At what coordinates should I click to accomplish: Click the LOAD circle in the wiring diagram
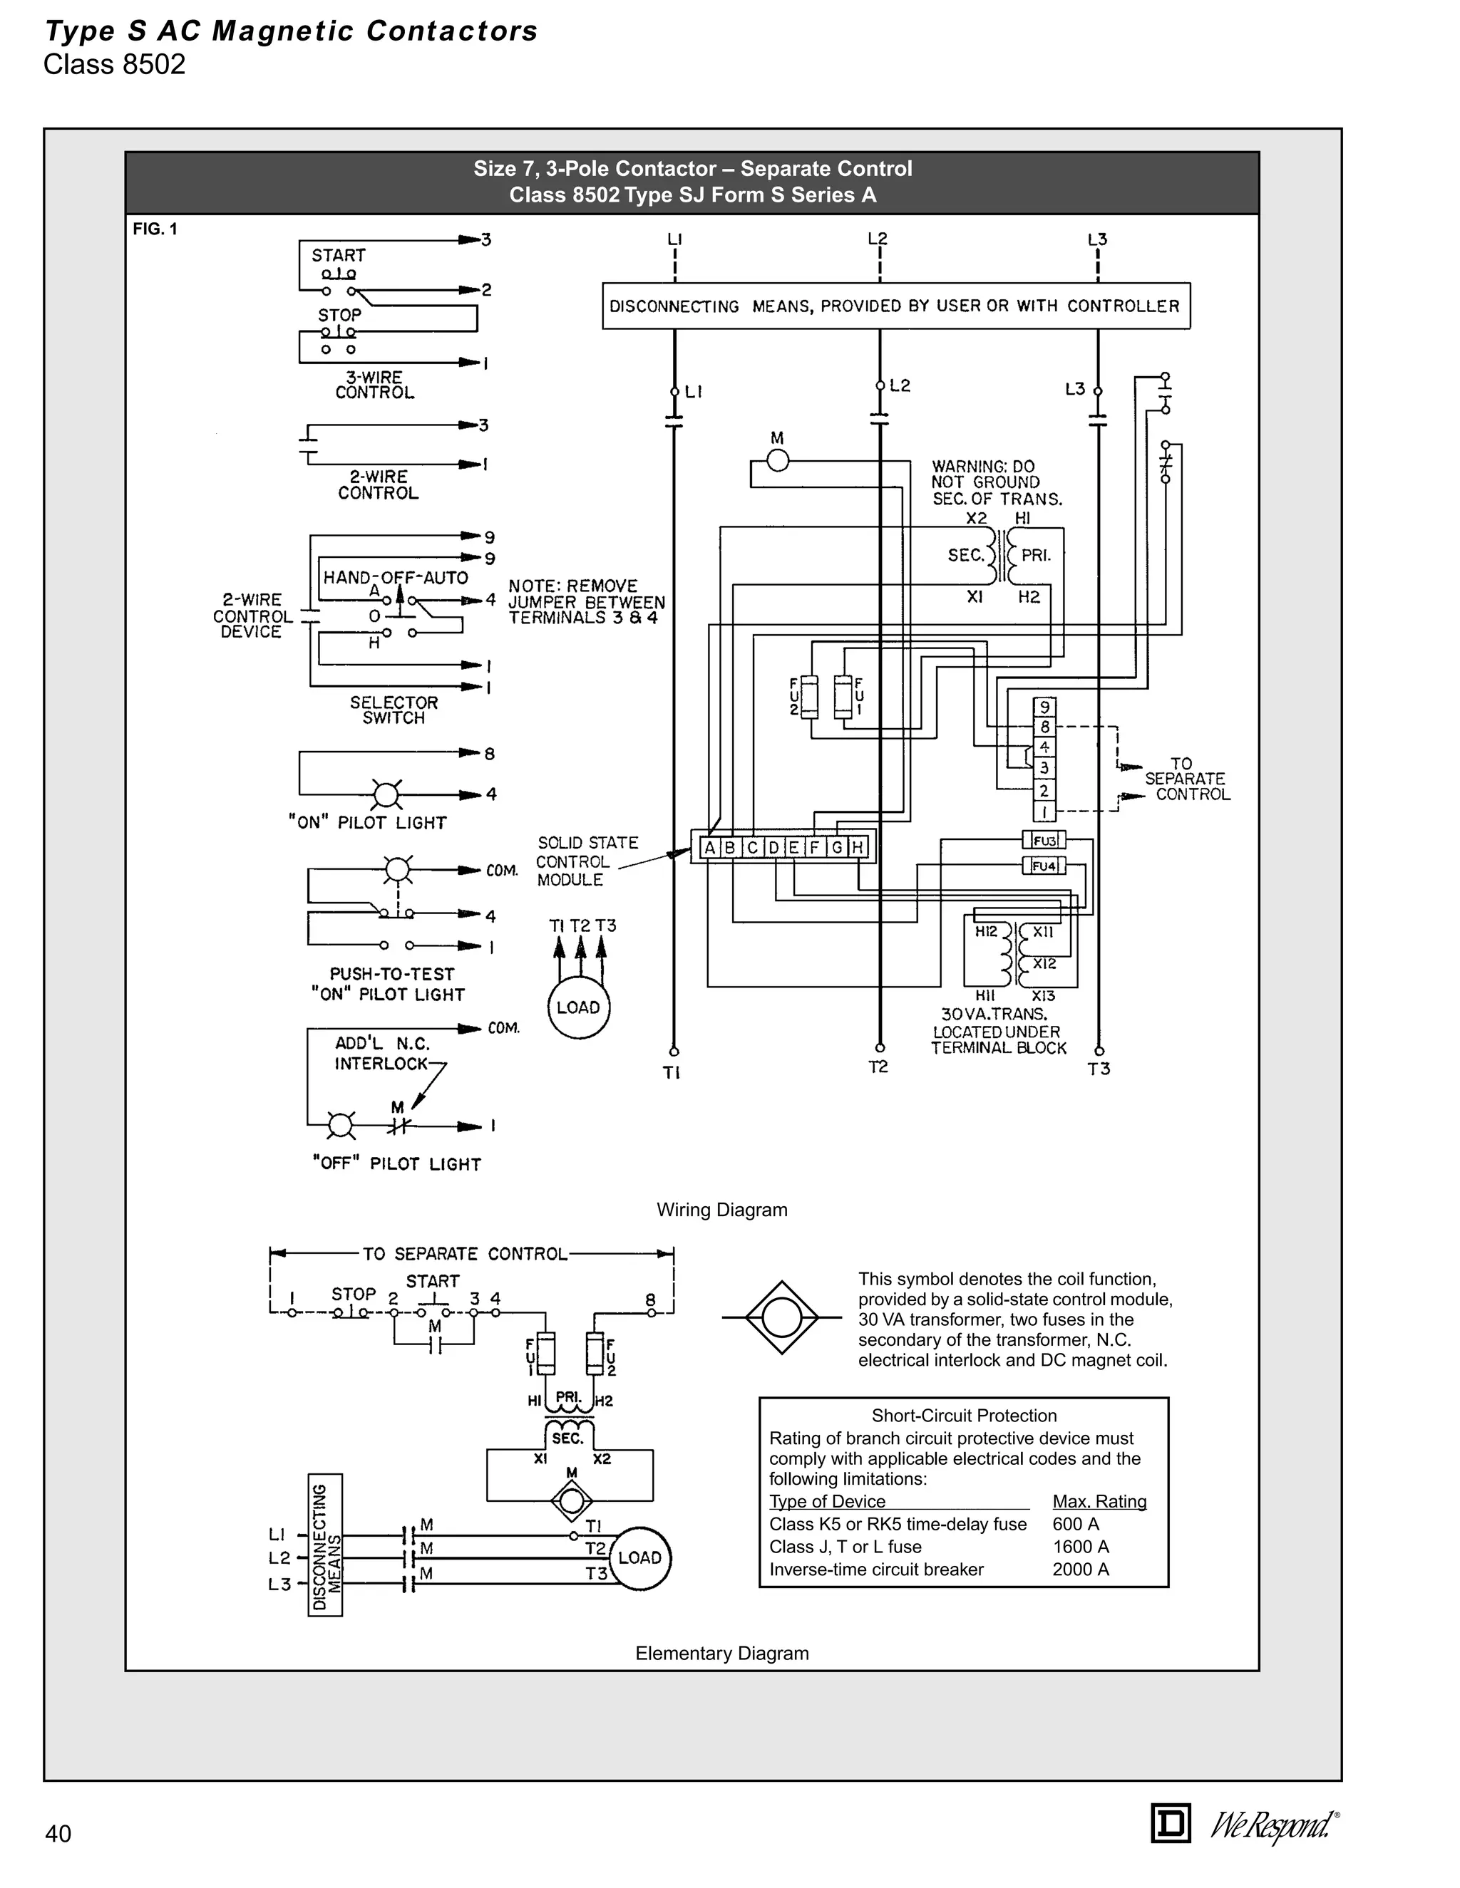(x=577, y=1007)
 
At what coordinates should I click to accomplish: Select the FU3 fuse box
(x=1044, y=840)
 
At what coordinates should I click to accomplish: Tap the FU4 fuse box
(x=1044, y=866)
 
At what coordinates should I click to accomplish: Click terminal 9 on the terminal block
(x=1044, y=707)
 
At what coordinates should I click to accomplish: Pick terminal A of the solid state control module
(x=709, y=847)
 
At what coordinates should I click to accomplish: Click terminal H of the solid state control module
(x=856, y=847)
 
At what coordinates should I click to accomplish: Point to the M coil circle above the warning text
(x=778, y=461)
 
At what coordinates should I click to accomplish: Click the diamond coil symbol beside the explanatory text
(x=782, y=1317)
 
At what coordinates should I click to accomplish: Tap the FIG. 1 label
(x=155, y=229)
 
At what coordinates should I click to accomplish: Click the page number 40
(x=58, y=1834)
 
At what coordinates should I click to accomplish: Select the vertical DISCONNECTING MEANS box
(x=325, y=1546)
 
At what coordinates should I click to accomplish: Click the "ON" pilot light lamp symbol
(x=386, y=794)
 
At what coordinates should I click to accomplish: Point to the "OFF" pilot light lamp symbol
(x=341, y=1126)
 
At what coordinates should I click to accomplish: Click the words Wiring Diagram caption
(x=721, y=1210)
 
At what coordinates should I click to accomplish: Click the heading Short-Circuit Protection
(x=964, y=1415)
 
